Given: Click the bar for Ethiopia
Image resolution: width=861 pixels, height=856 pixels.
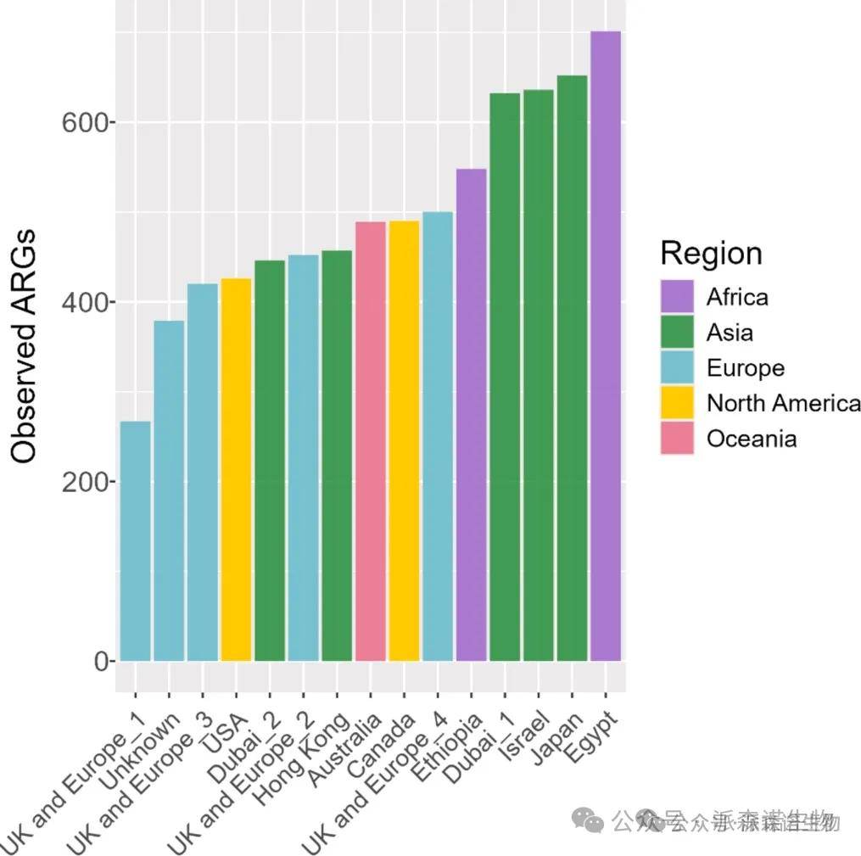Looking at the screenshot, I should (472, 415).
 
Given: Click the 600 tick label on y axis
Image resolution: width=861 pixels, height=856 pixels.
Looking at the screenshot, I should (87, 123).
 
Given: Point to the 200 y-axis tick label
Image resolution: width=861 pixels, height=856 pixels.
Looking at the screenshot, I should (87, 482).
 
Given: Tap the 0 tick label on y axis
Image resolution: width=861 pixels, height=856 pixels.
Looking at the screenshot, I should (102, 662).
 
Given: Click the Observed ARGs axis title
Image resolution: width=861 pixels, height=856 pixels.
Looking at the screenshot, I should (25, 345).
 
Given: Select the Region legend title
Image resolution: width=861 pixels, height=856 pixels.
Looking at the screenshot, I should (711, 253).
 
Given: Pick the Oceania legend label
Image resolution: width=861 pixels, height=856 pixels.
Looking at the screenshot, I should (751, 439).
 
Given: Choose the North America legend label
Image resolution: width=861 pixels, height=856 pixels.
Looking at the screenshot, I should (783, 403).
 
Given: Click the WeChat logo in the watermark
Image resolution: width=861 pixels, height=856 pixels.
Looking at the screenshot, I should (587, 820).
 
